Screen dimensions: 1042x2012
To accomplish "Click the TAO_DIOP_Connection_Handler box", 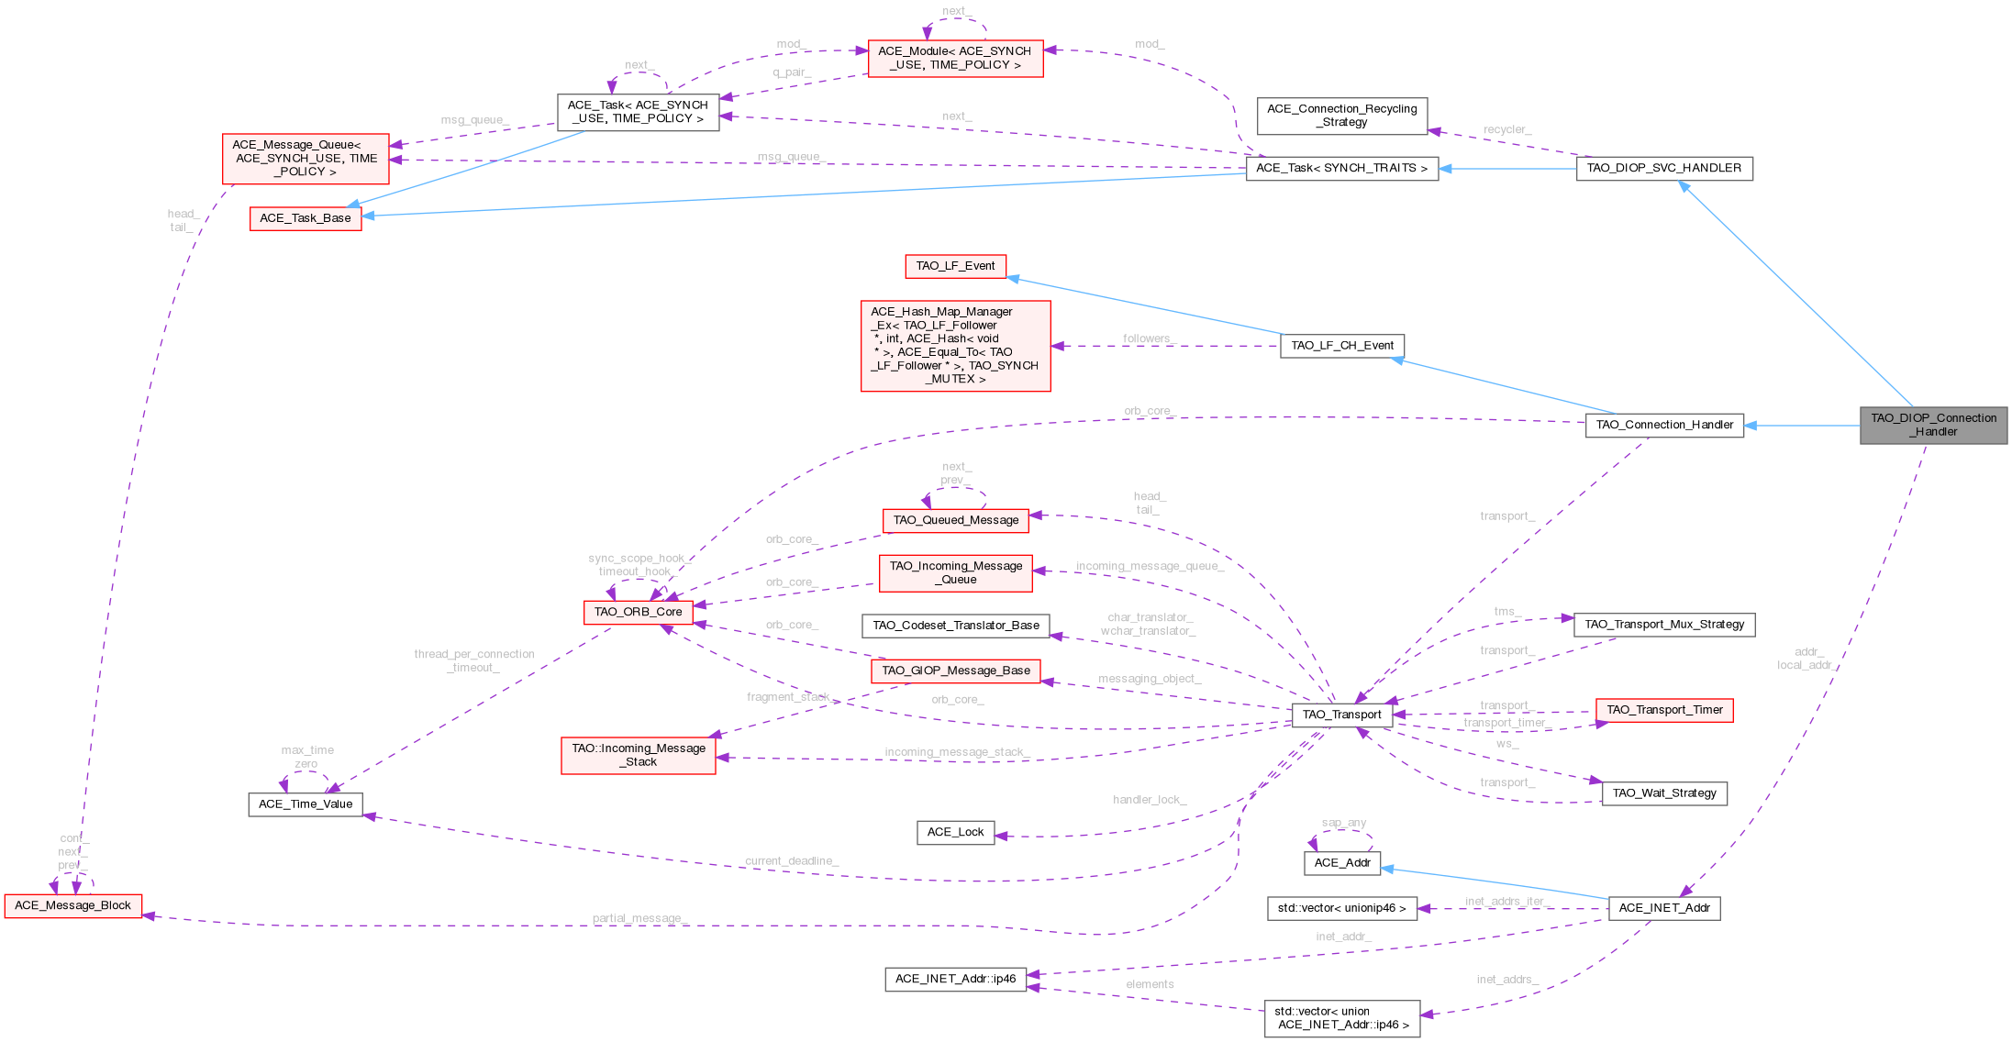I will [1933, 425].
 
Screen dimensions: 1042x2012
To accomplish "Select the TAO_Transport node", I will [1341, 715].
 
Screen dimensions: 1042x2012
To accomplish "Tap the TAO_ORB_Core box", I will [638, 612].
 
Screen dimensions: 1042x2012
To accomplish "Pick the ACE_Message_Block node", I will [73, 905].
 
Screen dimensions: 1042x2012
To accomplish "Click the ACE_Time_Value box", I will [306, 804].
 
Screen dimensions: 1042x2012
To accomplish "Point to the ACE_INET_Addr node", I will [1663, 908].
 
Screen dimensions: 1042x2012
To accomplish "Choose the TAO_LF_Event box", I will [955, 266].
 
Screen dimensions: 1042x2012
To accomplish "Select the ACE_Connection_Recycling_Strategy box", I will [1341, 116].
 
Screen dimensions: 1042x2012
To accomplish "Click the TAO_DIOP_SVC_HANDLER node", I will [1663, 168].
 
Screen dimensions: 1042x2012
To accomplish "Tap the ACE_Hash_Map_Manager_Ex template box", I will [955, 346].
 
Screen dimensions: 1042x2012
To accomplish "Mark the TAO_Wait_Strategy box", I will [1663, 793].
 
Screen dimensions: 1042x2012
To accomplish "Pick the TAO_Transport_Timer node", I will [1663, 710].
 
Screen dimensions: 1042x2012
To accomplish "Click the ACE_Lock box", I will [955, 832].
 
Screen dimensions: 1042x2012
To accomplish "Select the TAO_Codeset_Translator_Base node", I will [955, 626].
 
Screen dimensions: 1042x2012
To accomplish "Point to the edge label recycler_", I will [1506, 130].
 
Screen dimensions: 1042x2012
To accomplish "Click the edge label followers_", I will [1147, 338].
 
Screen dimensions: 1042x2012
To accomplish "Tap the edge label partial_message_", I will [639, 918].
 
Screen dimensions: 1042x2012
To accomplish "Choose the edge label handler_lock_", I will [1149, 800].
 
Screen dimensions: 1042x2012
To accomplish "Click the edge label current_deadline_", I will [791, 860].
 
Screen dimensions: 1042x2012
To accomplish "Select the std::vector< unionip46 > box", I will [1341, 908].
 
